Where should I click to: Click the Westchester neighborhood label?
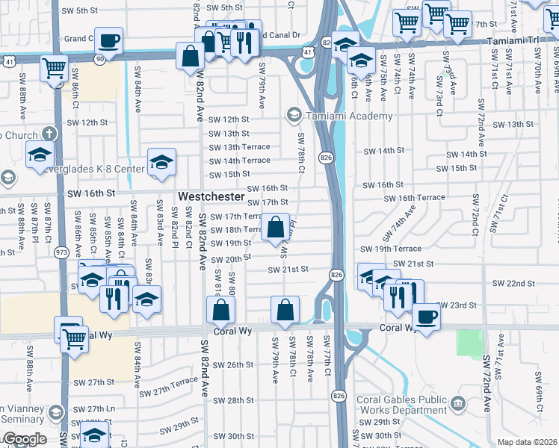point(211,196)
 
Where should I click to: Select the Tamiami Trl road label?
point(516,41)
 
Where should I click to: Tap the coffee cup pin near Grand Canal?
point(108,41)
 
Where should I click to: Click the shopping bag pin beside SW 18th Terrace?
point(275,226)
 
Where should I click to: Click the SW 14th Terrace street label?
point(239,161)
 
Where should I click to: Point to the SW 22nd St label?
point(513,284)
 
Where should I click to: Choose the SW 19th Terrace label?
point(391,249)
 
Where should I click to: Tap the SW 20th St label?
point(230,259)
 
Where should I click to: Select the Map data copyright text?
point(526,442)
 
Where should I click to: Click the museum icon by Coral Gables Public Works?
point(457,405)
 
